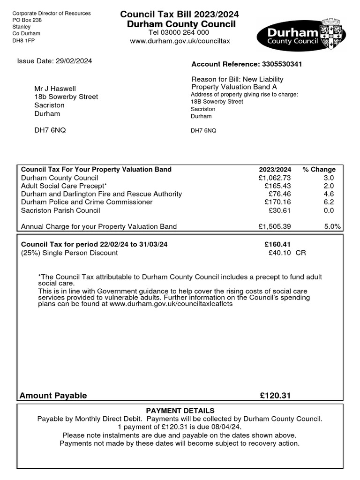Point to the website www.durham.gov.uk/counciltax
click(x=180, y=41)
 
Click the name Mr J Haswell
click(x=55, y=89)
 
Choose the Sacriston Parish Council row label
click(x=60, y=210)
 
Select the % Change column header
click(x=319, y=169)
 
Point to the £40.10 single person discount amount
click(x=280, y=253)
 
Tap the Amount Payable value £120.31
click(x=276, y=396)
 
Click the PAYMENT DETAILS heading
click(x=180, y=411)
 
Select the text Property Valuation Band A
click(x=231, y=87)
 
